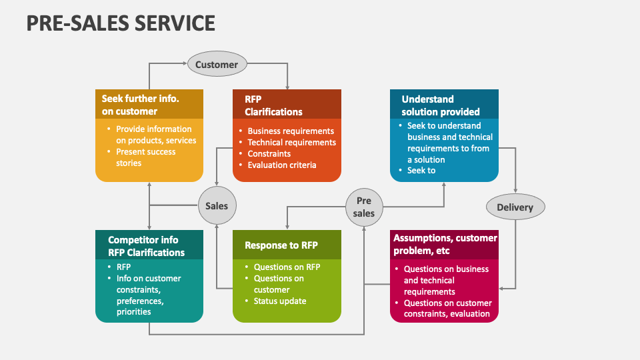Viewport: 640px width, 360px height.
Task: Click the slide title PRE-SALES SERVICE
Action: (121, 23)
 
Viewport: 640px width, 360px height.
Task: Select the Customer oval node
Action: (216, 65)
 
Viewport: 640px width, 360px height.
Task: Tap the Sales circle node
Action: (216, 206)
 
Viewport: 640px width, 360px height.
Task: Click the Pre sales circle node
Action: (364, 207)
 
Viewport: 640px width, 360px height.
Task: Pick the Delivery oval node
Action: (515, 207)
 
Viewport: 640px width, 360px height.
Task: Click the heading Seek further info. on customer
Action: (140, 105)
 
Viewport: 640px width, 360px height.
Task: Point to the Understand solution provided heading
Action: (440, 105)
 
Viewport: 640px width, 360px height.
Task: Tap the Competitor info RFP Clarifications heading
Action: (146, 246)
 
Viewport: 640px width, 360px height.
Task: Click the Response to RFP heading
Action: (281, 245)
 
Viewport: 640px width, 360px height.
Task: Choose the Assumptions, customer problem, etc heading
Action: (445, 244)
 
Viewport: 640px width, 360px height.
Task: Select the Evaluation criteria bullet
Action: (281, 165)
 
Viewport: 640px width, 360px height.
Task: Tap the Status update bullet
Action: (279, 301)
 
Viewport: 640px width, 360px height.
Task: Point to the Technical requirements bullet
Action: (291, 143)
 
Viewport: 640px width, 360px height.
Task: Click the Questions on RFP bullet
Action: (287, 267)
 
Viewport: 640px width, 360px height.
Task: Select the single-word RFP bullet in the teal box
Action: (123, 267)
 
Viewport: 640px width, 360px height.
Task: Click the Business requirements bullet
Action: (290, 131)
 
